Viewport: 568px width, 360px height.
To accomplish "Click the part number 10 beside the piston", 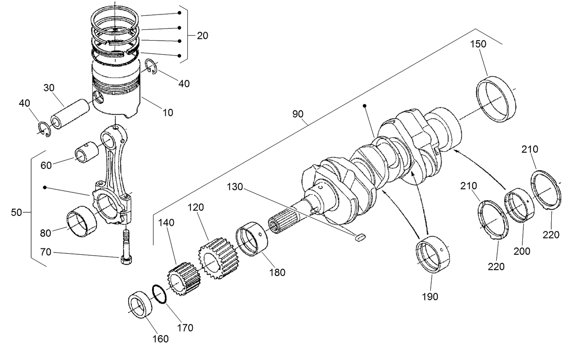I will click(x=168, y=112).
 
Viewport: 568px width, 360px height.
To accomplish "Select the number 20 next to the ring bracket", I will click(x=202, y=36).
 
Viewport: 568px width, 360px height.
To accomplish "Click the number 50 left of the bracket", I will click(x=16, y=212).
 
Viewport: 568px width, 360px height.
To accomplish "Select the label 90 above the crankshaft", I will click(x=298, y=114).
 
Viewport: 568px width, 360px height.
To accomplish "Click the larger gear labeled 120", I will click(x=218, y=260).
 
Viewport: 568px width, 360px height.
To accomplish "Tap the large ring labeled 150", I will click(x=496, y=100).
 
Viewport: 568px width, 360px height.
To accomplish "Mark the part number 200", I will click(x=521, y=252).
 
